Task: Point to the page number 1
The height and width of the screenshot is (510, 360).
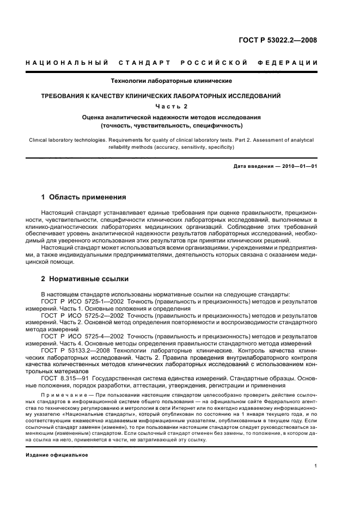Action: pyautogui.click(x=316, y=466)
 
